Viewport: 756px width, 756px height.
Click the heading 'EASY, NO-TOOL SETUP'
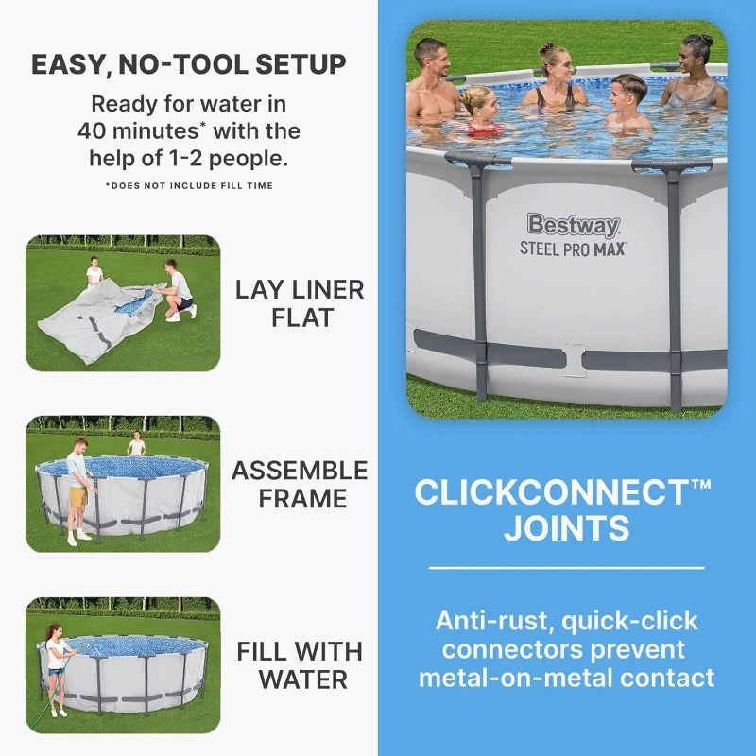click(x=188, y=64)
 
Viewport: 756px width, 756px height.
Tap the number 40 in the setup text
click(x=95, y=130)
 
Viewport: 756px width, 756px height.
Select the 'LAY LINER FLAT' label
click(x=298, y=302)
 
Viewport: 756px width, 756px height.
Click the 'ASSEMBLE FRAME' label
click(x=300, y=483)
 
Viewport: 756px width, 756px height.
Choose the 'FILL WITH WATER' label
click(x=298, y=664)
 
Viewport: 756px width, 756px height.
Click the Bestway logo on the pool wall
click(x=574, y=225)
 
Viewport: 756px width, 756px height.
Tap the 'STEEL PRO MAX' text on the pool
click(x=574, y=249)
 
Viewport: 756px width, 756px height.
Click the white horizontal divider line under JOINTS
click(x=566, y=568)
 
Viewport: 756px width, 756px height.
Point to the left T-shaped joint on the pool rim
click(x=477, y=163)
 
